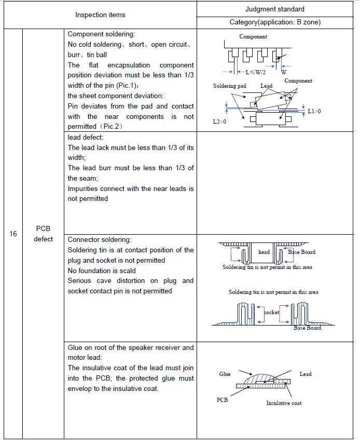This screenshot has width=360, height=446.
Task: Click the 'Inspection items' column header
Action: point(100,15)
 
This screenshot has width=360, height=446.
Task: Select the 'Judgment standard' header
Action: point(275,9)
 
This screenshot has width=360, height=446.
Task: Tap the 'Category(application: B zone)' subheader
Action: point(275,22)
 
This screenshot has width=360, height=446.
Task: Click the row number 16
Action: point(13,234)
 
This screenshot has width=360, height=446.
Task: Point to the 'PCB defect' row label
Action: point(44,234)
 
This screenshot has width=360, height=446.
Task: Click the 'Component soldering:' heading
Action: point(101,34)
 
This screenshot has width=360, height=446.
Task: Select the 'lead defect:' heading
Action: point(86,137)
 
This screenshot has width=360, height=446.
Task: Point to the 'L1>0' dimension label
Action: point(314,111)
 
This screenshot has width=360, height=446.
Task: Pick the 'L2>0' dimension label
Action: point(220,121)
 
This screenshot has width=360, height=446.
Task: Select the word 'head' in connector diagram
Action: point(264,252)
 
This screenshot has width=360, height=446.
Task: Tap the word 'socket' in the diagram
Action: point(271,312)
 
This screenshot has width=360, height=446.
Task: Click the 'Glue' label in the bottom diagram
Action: point(225,374)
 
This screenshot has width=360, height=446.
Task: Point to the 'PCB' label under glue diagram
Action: point(222,400)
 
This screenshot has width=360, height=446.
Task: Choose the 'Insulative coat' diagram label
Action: point(284,403)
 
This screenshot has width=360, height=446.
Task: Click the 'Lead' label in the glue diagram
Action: point(306,374)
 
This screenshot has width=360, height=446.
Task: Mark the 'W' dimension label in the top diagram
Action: point(284,73)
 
